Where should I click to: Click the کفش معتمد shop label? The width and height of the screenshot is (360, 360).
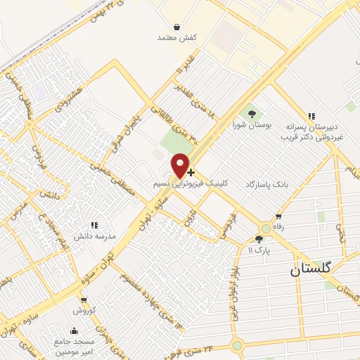pos(175,37)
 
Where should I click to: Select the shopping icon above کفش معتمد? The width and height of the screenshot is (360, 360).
pos(175,26)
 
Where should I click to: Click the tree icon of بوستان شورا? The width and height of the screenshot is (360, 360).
pos(252,113)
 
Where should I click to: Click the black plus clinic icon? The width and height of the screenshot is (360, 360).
pos(191,172)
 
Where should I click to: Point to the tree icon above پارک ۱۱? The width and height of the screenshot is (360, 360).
pos(259,239)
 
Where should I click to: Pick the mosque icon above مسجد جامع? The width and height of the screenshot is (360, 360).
pos(75,330)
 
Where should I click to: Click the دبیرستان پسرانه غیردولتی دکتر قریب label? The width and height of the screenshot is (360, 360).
pos(311,133)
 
